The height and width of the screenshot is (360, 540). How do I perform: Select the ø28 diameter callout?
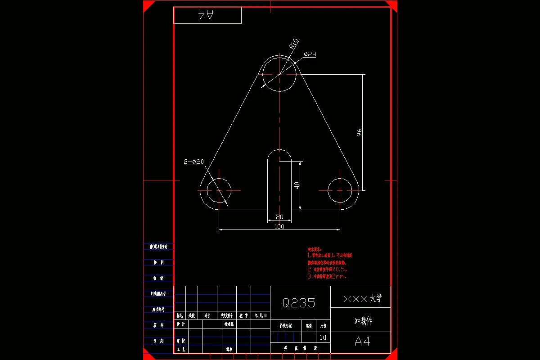(310, 54)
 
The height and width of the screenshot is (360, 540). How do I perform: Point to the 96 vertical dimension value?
(359, 132)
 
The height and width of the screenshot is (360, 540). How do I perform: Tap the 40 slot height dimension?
(297, 185)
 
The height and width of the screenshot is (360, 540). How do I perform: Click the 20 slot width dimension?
(279, 217)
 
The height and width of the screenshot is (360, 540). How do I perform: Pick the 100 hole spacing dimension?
(279, 227)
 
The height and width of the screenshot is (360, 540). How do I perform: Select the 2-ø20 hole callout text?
(194, 162)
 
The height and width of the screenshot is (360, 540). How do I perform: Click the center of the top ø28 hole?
(279, 74)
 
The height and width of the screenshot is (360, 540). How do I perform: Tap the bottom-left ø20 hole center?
(219, 190)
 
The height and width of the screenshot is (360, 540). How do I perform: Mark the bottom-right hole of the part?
(340, 190)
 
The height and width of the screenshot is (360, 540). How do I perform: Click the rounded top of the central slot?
(279, 153)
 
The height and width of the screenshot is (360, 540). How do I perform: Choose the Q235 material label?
(299, 303)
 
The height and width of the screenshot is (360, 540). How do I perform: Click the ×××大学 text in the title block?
(362, 298)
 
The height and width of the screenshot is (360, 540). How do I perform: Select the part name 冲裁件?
(363, 321)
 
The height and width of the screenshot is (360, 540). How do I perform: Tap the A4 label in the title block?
(363, 342)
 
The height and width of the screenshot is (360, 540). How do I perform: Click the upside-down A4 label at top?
(207, 15)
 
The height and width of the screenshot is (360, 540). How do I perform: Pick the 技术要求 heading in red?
(315, 249)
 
